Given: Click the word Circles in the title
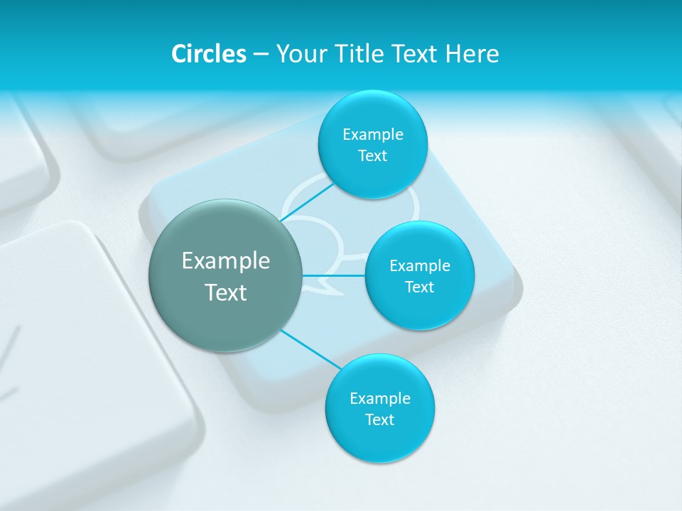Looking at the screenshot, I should (208, 54).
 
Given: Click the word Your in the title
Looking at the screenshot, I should (302, 54).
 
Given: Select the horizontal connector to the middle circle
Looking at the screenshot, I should (334, 275).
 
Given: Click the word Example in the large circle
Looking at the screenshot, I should (226, 261).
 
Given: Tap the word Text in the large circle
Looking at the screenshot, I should (226, 292).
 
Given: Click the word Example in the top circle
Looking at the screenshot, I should (373, 134).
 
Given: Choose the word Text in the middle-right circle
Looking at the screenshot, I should (419, 287).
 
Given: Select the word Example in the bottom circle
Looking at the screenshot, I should (380, 398).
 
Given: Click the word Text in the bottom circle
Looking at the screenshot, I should (379, 419).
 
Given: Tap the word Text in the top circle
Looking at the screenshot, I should (372, 155).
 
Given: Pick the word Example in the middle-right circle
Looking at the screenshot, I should (420, 265).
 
